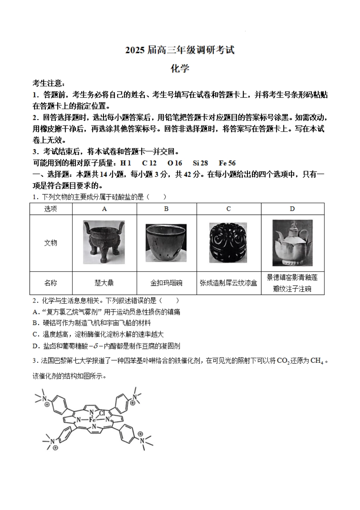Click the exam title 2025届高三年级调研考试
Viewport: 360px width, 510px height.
(180, 50)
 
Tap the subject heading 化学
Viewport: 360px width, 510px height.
(180, 69)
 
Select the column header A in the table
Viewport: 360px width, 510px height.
(105, 209)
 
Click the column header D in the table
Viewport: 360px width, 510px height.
(292, 209)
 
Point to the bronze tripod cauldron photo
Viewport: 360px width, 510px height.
(104, 242)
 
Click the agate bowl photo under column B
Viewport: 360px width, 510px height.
(166, 243)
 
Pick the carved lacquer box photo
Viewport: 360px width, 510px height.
(228, 243)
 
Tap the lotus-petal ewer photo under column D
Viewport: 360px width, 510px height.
(292, 243)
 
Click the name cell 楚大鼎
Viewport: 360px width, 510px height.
(104, 283)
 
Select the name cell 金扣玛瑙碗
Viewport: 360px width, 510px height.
(166, 283)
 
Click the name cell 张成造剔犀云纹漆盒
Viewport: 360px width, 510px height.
(229, 283)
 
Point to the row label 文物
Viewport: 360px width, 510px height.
(51, 243)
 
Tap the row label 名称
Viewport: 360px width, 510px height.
(51, 283)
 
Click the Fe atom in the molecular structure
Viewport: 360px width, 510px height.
(92, 420)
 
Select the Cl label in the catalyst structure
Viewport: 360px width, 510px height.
(102, 413)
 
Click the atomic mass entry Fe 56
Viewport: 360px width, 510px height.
(227, 163)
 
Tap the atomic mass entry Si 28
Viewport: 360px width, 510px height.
(200, 163)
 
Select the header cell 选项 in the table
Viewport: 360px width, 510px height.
(51, 209)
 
